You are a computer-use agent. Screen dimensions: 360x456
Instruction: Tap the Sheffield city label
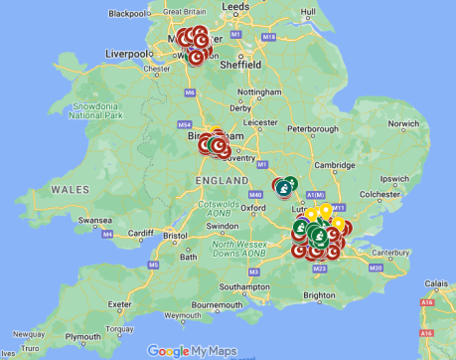click(240, 65)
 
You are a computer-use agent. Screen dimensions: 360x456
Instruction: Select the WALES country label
click(71, 189)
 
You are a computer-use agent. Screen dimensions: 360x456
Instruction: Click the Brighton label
click(318, 295)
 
